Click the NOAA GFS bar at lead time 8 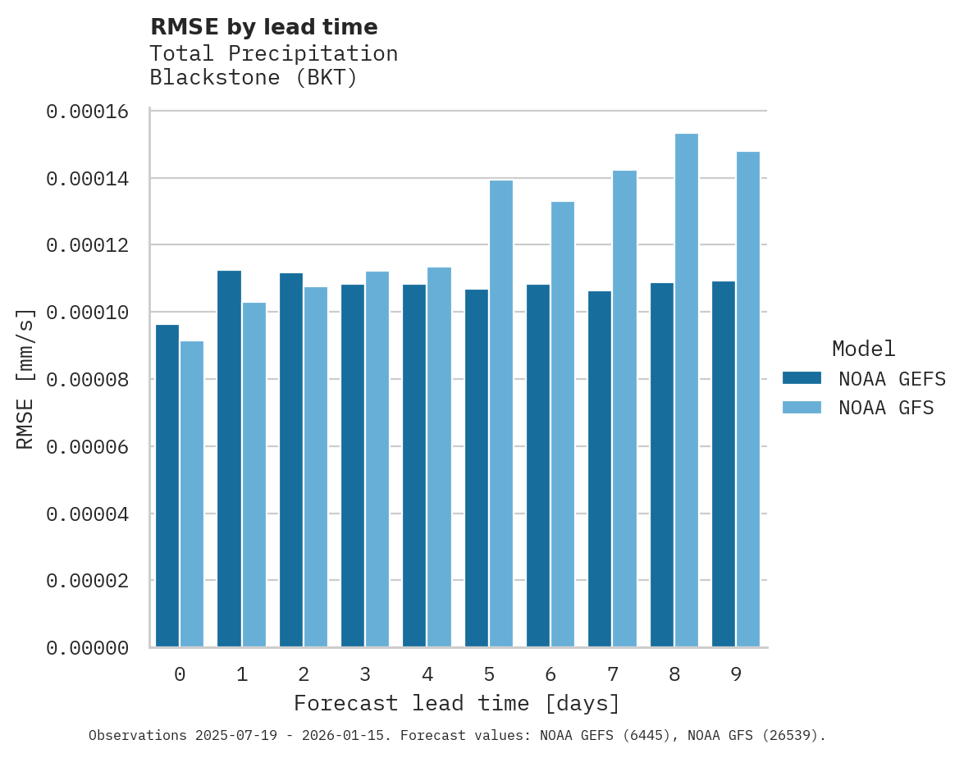pos(687,390)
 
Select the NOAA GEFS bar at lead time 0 pos(167,486)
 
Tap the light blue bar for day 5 pos(501,413)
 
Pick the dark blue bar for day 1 pos(230,459)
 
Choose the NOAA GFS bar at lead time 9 pos(748,400)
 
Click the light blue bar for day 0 pos(192,494)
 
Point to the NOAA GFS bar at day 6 pos(563,424)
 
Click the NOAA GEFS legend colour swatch pos(802,377)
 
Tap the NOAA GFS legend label pos(886,407)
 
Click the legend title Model pos(863,349)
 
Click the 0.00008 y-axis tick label pos(88,380)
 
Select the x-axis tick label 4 pos(427,674)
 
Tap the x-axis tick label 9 pos(736,674)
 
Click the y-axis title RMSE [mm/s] pos(25,379)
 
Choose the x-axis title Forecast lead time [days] pos(457,704)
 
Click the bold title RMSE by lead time pos(264,27)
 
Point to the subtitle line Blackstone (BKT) pos(254,79)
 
